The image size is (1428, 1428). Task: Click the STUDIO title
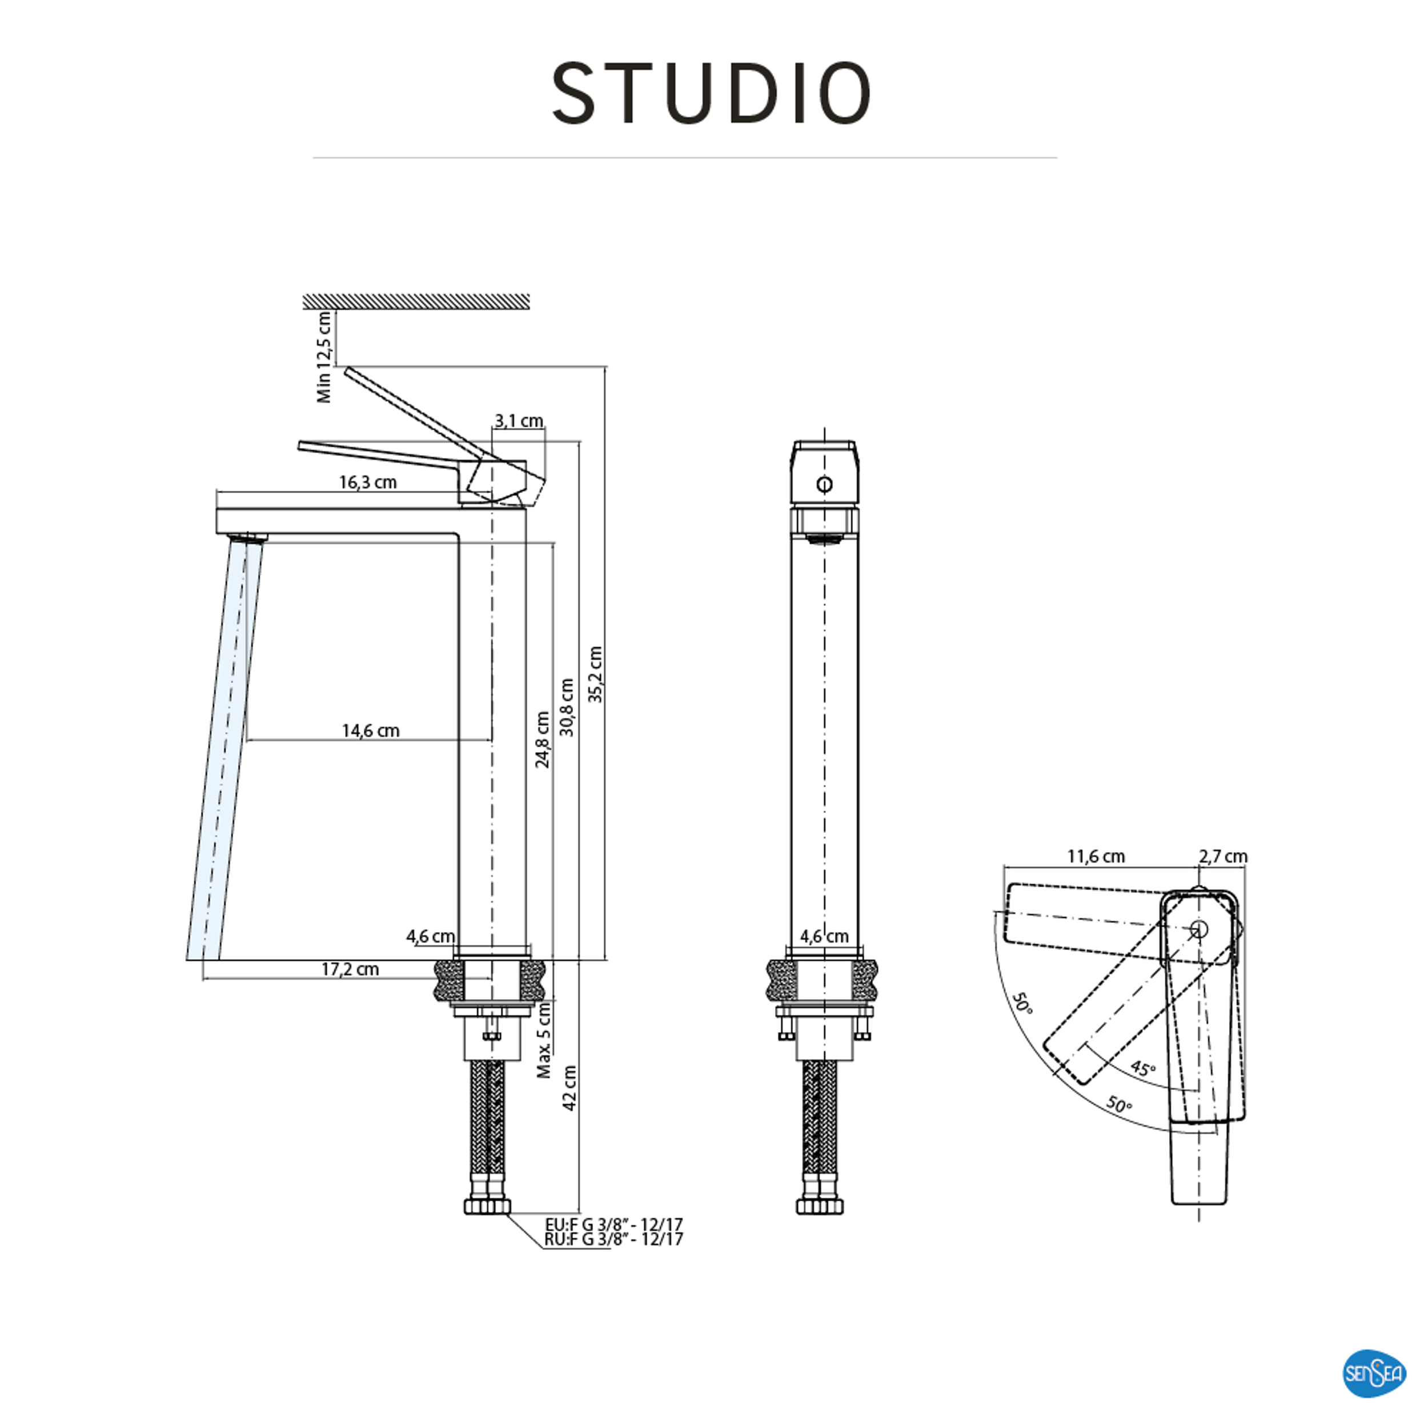711,94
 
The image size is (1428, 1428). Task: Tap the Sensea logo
1373,1373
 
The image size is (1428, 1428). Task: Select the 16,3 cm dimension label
368,483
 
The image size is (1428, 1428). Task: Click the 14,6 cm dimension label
370,731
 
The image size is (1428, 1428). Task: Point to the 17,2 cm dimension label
350,969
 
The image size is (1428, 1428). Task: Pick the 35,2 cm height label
596,674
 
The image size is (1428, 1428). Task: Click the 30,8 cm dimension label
567,707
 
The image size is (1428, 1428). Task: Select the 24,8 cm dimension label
543,740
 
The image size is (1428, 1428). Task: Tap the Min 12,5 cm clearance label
324,357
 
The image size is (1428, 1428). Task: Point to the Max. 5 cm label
544,1041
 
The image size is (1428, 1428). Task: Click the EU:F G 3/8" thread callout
613,1225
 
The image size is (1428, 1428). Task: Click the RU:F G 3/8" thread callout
613,1240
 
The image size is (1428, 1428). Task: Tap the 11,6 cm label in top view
1096,857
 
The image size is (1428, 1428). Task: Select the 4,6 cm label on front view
824,936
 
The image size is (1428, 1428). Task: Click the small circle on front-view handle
825,485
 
